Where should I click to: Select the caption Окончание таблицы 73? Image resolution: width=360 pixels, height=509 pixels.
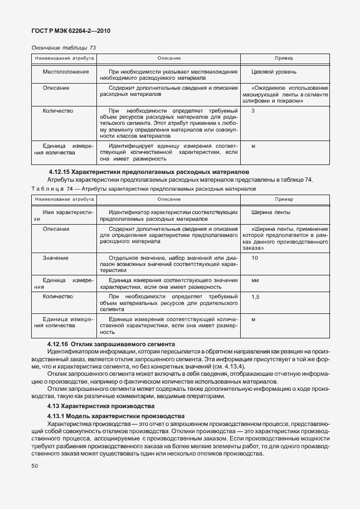(64, 48)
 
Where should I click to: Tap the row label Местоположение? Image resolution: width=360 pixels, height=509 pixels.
(66, 72)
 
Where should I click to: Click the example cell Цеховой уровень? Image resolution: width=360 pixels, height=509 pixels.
(274, 72)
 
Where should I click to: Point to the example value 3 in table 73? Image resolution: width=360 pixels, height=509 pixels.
(253, 111)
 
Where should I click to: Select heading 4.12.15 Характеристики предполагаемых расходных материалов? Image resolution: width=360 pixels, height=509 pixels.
(148, 172)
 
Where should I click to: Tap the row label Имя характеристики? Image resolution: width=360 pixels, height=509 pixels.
(64, 216)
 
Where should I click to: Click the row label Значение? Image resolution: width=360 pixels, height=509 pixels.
(56, 258)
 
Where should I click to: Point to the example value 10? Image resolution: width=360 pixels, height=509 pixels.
(255, 258)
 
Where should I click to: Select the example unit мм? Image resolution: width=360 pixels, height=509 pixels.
(255, 280)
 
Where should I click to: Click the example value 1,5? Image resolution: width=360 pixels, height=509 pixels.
(255, 297)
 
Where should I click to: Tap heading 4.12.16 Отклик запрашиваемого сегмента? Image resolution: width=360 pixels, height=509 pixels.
(111, 345)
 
